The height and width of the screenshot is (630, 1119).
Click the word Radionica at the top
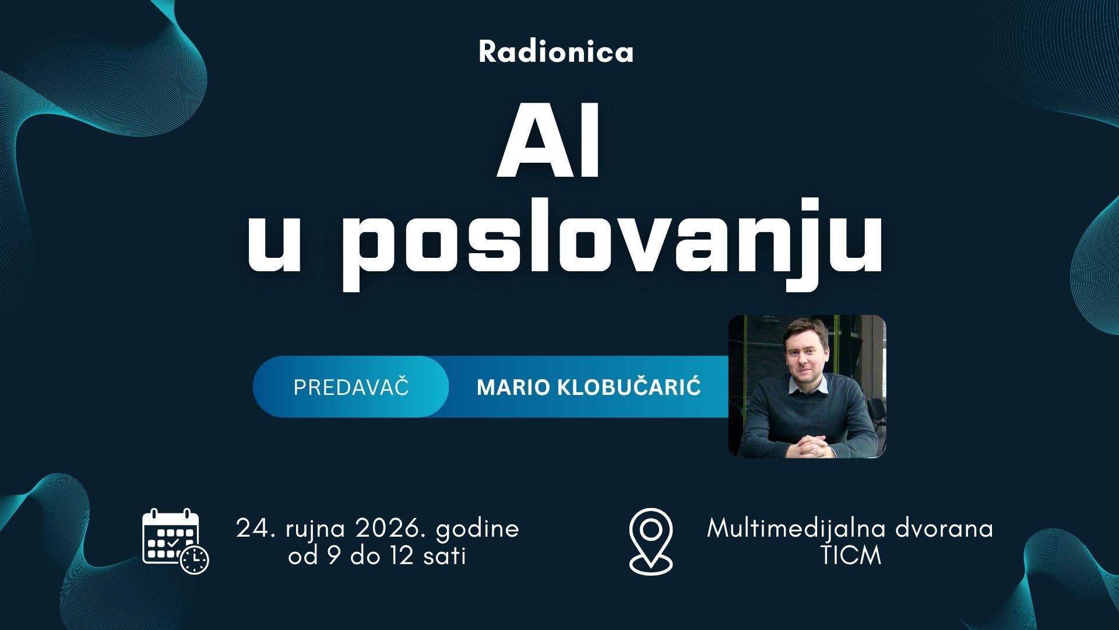pyautogui.click(x=556, y=51)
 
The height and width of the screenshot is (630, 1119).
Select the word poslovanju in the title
pyautogui.click(x=611, y=243)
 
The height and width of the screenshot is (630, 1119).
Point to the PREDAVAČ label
pyautogui.click(x=351, y=387)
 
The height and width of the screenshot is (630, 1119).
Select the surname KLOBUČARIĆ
pyautogui.click(x=629, y=387)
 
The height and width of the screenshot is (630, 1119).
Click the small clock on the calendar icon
pyautogui.click(x=194, y=560)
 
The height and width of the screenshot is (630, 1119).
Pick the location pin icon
pyautogui.click(x=651, y=541)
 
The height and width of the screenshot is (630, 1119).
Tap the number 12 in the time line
pyautogui.click(x=402, y=556)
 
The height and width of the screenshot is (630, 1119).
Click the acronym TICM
pyautogui.click(x=851, y=556)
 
